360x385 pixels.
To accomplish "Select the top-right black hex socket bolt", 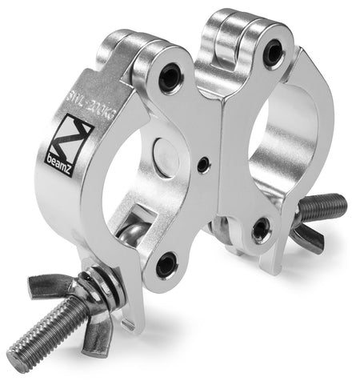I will click(274, 54).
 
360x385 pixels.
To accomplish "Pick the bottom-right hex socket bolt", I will click(261, 231).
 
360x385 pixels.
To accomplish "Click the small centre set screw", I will click(205, 165).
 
